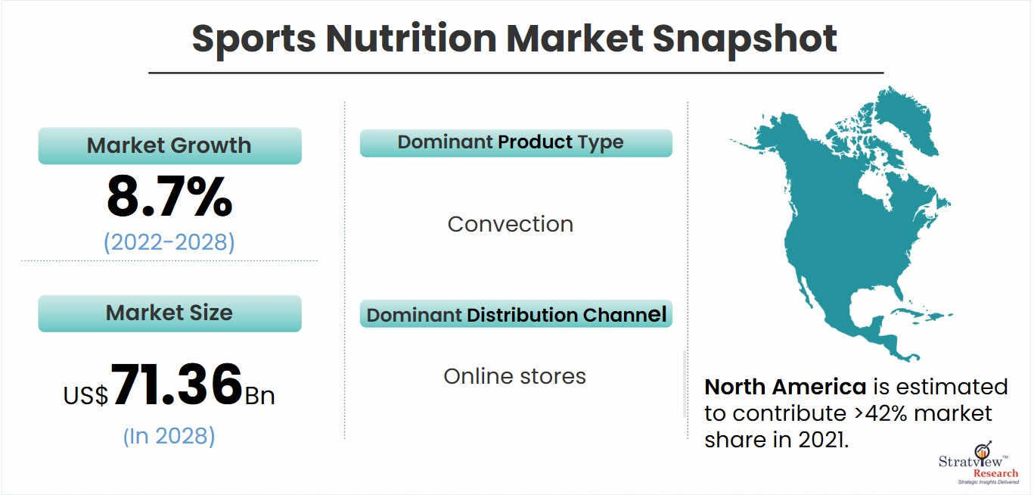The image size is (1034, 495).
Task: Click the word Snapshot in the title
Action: click(744, 39)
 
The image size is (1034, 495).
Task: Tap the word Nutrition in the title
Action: click(411, 39)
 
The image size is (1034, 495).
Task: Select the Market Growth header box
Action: click(170, 145)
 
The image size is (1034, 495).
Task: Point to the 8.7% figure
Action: click(169, 196)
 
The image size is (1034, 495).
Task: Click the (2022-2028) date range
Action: click(169, 242)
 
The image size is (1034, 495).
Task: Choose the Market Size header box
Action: click(170, 313)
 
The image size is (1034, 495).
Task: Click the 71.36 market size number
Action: click(176, 384)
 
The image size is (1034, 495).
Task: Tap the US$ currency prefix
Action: click(86, 396)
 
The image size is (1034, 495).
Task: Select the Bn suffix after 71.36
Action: click(259, 396)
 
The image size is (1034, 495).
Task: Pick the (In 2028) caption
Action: click(169, 436)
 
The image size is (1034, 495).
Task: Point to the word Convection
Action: click(511, 224)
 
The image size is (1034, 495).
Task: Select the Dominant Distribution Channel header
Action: click(516, 314)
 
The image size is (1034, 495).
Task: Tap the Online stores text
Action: click(514, 376)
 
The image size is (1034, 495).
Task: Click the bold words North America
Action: click(785, 387)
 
